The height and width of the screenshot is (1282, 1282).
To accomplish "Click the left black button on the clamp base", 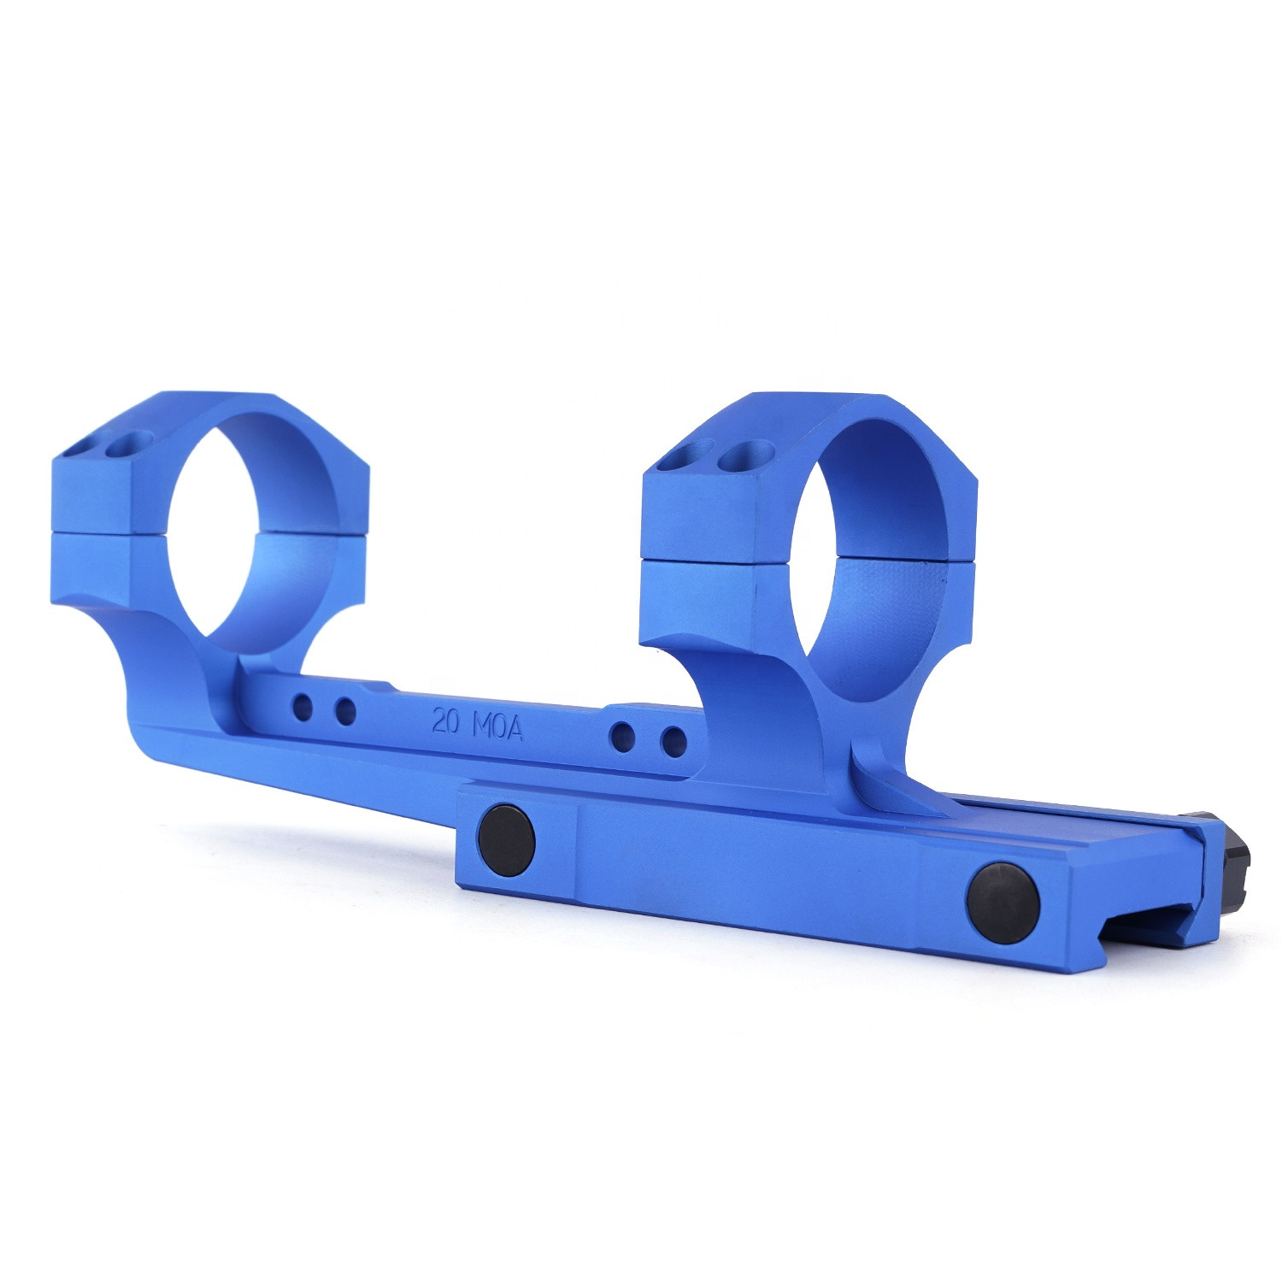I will (x=507, y=839).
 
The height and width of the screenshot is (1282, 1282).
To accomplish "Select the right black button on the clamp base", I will (x=1003, y=903).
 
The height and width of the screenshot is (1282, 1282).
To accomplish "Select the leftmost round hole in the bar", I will (x=303, y=707).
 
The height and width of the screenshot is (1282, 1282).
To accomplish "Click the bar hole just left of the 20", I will (x=345, y=711).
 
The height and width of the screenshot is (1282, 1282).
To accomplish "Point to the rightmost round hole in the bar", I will (x=674, y=741).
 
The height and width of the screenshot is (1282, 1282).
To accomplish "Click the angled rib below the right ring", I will (x=897, y=782).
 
